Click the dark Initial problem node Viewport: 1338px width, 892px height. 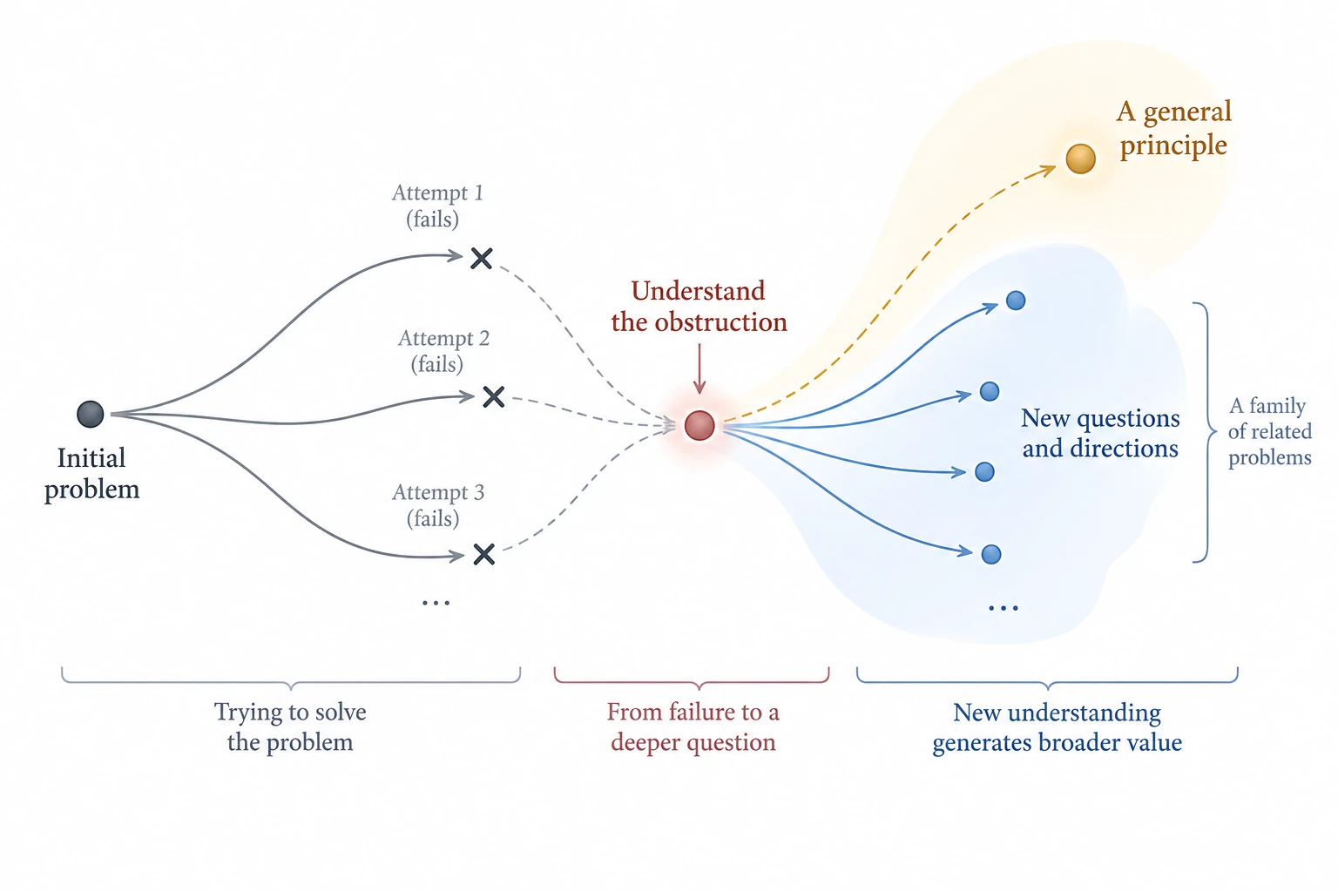(x=91, y=414)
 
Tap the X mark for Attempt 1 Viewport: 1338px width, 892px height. (x=482, y=258)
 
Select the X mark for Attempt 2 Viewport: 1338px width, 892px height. (x=493, y=396)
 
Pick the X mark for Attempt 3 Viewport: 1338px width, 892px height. (x=483, y=554)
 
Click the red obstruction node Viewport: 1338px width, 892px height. (x=699, y=425)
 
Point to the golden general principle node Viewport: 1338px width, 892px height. (x=1080, y=159)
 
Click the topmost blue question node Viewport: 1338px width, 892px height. (x=1016, y=301)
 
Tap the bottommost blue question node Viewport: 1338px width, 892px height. (x=991, y=554)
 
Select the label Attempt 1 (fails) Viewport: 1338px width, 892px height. (x=436, y=206)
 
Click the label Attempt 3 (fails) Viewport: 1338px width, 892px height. (x=437, y=505)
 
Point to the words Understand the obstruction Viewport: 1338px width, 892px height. (x=699, y=307)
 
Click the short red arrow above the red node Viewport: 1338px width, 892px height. (x=699, y=368)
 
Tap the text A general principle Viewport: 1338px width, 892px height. (x=1173, y=128)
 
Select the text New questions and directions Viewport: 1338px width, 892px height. (x=1100, y=433)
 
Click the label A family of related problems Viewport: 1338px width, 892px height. (x=1270, y=431)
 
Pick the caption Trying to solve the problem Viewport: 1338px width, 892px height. (x=290, y=727)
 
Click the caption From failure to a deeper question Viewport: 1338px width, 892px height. (x=693, y=727)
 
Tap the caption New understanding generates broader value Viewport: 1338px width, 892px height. (x=1057, y=727)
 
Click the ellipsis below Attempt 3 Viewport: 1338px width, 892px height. (x=436, y=604)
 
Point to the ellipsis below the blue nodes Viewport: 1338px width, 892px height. (x=1003, y=609)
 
